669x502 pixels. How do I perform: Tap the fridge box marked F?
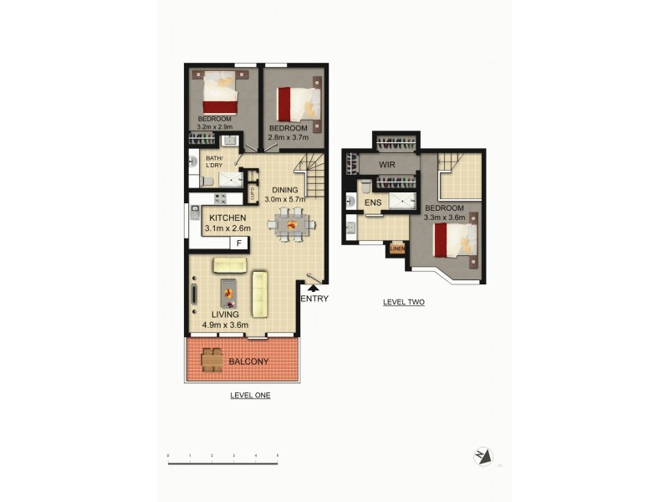[239, 243]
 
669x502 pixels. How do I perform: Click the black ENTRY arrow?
[314, 289]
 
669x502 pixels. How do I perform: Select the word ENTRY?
[314, 299]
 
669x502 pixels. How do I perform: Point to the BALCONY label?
[249, 362]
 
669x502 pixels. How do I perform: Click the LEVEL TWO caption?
[404, 302]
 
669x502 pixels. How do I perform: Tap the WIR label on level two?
[387, 165]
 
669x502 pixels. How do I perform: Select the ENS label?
[372, 202]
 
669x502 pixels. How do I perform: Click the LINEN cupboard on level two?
[397, 248]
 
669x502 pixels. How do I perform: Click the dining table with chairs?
[289, 225]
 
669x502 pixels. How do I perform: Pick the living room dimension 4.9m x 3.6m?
[219, 325]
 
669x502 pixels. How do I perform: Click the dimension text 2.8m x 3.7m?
[287, 136]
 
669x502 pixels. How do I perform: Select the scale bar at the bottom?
[223, 456]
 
